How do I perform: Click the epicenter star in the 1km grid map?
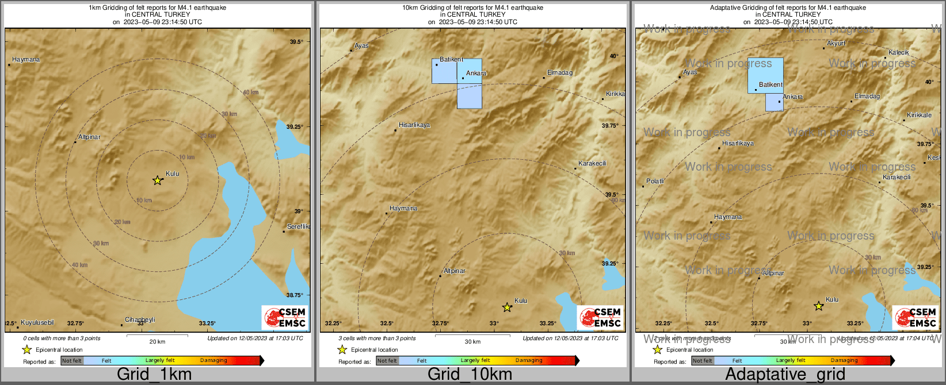point(157,180)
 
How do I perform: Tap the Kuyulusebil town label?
point(37,323)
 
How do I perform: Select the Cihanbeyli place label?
point(140,320)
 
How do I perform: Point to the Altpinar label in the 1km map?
point(89,137)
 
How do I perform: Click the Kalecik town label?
point(898,53)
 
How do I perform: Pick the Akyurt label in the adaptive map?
point(836,44)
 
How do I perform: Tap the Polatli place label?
point(655,182)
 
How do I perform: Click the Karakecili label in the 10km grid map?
point(592,164)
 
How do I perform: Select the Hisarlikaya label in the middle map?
point(414,125)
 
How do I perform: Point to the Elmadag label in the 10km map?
point(559,73)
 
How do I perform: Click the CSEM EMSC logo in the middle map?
point(600,317)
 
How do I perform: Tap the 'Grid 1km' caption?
point(154,375)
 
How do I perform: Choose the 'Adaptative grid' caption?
point(785,375)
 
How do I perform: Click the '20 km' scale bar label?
point(157,342)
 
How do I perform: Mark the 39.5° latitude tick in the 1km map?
point(296,42)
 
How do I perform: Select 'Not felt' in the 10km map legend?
point(387,361)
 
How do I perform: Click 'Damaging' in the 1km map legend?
point(213,361)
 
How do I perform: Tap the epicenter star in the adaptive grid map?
point(818,306)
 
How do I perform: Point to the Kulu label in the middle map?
point(521,301)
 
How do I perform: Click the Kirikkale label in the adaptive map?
point(919,115)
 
